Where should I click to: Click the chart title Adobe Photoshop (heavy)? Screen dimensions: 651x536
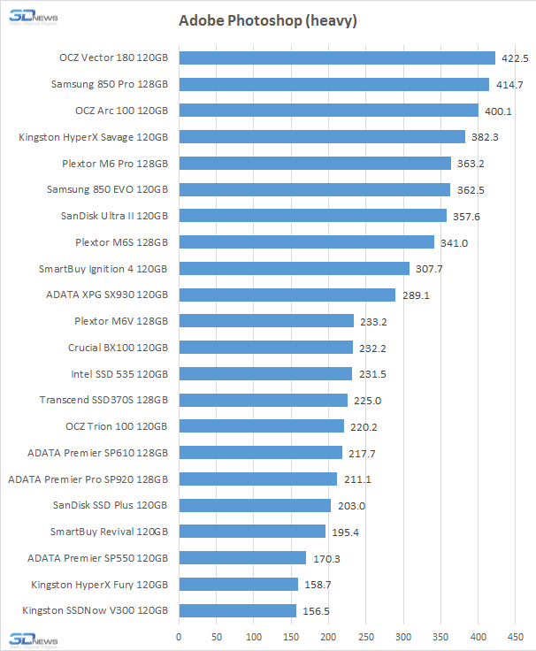click(267, 20)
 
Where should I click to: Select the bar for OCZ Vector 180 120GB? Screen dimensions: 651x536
click(337, 58)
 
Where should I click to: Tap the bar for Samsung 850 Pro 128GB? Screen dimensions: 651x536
click(333, 85)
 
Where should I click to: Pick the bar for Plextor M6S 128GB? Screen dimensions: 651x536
click(306, 242)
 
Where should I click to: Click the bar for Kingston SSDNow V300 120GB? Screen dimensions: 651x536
click(237, 610)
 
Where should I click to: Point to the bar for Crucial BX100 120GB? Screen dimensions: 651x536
click(265, 348)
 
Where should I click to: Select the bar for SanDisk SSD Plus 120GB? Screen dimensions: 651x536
click(255, 505)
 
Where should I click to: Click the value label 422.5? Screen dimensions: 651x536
click(514, 58)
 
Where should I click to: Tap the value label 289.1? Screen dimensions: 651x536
click(415, 295)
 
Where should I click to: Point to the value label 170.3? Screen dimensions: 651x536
click(325, 558)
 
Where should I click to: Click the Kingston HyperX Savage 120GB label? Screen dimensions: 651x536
click(93, 137)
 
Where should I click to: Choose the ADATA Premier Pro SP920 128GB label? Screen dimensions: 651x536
click(87, 479)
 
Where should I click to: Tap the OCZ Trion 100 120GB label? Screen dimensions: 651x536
click(116, 426)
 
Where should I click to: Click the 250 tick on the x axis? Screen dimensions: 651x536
click(366, 636)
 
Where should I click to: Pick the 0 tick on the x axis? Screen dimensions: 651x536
click(179, 636)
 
